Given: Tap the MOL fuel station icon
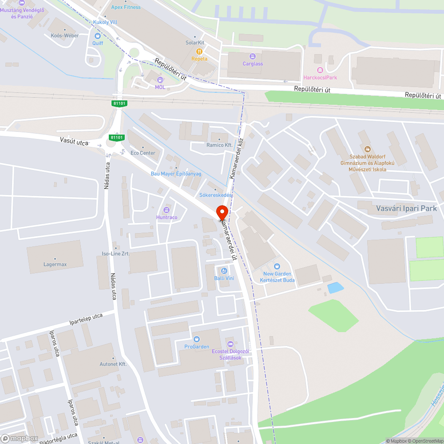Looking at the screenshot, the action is pos(160,79).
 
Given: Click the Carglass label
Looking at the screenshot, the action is pos(253,63).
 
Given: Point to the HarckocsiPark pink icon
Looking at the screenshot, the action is pos(320,70).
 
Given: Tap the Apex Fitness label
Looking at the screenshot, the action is pos(126,7).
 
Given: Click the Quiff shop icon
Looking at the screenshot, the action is pos(98,36).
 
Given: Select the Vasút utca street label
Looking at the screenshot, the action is pos(74,142).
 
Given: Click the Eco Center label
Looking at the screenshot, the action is pos(143,153).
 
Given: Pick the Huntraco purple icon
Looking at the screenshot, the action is pos(166,210).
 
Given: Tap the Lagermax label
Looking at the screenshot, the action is pos(55,264).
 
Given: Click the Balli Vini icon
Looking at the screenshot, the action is pos(224,271).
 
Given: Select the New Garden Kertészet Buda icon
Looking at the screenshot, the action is pos(277,266).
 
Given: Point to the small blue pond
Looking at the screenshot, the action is pos(335,288).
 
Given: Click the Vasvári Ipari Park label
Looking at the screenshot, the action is pos(406,208).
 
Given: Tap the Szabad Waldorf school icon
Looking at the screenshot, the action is pos(367,149).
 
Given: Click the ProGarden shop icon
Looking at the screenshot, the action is pos(197,339).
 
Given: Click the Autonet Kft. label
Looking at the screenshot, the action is pos(113,364).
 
